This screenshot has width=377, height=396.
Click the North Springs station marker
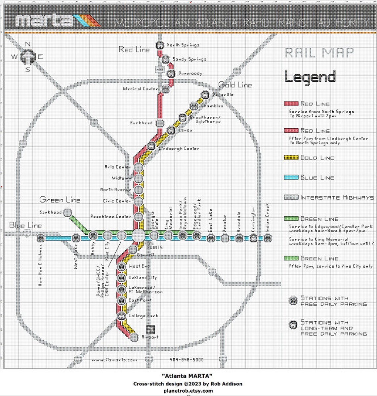tap(160, 45)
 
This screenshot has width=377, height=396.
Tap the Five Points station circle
tap(138, 236)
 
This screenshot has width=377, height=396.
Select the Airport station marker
tap(134, 337)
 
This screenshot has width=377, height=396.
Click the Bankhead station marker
tap(67, 212)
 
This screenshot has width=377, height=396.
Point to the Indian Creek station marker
tap(268, 238)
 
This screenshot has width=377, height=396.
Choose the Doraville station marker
tap(205, 95)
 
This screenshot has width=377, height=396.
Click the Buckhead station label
tap(141, 123)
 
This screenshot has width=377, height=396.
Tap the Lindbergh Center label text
tap(179, 149)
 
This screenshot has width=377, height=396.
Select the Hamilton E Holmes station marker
tap(40, 238)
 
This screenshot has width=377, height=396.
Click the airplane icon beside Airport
tap(150, 330)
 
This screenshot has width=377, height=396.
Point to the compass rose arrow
tap(28, 57)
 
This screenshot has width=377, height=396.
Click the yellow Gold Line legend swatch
tap(291, 158)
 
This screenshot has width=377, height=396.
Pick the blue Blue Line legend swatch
tap(291, 178)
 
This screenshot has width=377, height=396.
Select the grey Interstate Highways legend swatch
tap(291, 197)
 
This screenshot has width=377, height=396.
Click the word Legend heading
tap(310, 77)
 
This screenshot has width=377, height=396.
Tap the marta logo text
tap(44, 21)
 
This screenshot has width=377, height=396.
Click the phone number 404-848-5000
tap(187, 360)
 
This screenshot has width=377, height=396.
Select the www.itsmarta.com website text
tap(114, 360)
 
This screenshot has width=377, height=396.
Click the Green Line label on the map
tap(60, 200)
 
